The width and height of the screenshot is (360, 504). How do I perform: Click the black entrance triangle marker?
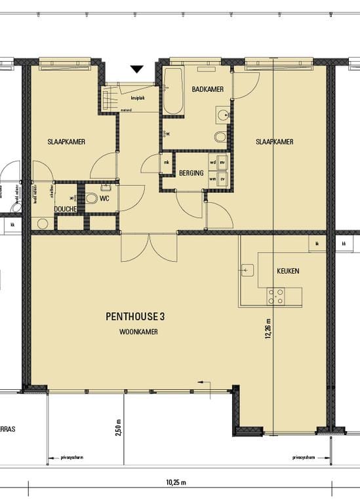point(136,69)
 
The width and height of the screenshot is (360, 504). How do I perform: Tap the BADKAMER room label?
point(205,89)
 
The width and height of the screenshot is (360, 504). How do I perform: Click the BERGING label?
point(191,173)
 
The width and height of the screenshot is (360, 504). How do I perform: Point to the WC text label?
point(104,197)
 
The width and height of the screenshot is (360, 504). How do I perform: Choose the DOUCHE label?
point(66,209)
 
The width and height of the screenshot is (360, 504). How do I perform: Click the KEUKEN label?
point(288,270)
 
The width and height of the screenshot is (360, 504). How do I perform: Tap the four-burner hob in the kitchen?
point(275,297)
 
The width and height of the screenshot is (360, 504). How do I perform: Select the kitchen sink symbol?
point(248,269)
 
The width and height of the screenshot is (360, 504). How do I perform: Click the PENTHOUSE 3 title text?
point(136,316)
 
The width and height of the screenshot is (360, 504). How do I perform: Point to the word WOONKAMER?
point(138,332)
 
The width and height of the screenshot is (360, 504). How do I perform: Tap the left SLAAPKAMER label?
point(66,142)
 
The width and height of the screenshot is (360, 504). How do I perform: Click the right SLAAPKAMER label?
point(274,142)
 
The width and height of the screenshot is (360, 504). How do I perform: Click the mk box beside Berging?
point(167,162)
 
